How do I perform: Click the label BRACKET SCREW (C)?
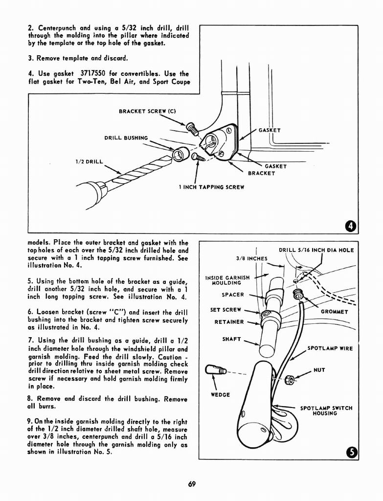coord(147,111)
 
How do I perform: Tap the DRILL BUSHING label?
coord(126,138)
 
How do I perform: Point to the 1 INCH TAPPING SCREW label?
coord(211,187)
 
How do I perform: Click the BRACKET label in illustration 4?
coord(261,173)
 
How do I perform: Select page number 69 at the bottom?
coord(191,484)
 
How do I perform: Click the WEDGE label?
coord(220,394)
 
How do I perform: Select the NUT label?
coord(319,370)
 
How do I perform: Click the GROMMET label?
coord(334,312)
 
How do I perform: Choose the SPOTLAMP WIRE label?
coord(330,348)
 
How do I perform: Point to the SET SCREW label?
coord(225,310)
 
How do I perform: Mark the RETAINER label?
coord(228,322)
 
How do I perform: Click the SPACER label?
coord(232,295)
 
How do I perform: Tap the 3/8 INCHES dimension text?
coord(251,258)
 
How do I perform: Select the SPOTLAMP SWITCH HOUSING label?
coord(326,410)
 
